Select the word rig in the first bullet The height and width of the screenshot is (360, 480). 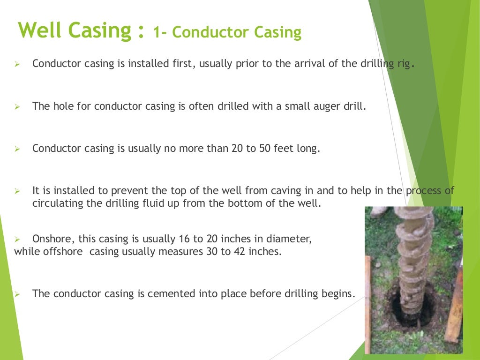click(404, 64)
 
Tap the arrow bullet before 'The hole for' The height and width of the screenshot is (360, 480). click(16, 107)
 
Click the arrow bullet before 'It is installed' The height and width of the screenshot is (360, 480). click(16, 191)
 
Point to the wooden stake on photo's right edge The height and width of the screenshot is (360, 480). click(454, 305)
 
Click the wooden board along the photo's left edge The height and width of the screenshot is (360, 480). click(368, 305)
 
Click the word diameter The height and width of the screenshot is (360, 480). click(291, 239)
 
